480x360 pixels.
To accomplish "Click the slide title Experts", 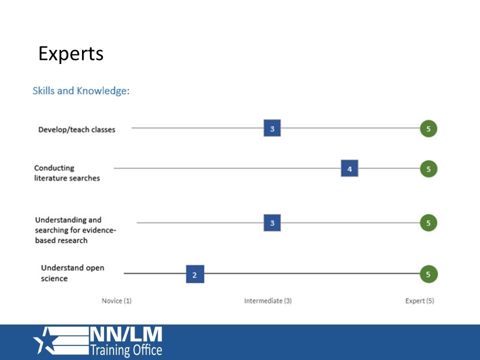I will pos(71,53).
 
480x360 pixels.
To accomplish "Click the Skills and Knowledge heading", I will pos(81,91).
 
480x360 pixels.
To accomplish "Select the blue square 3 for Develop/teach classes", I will pos(272,128).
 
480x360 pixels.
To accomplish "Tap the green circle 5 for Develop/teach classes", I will pos(428,128).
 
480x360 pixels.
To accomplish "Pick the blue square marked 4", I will pos(349,169).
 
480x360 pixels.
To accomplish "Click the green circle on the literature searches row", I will pos(428,169).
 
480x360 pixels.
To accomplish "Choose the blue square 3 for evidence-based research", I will pos(272,222).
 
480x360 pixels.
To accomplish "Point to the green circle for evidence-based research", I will pos(428,222).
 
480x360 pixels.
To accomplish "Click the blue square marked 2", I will pos(194,274).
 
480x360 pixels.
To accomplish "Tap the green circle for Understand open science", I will pos(428,274).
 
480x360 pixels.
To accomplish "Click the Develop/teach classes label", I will pos(76,129).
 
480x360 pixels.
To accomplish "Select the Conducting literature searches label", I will pos(66,173).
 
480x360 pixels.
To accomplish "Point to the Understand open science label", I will pos(72,273).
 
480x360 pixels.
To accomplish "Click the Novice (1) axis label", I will pos(116,301).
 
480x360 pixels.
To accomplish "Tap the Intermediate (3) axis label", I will pos(267,301).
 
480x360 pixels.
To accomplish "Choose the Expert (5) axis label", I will pos(419,301).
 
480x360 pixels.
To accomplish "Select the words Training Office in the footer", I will pos(125,350).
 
